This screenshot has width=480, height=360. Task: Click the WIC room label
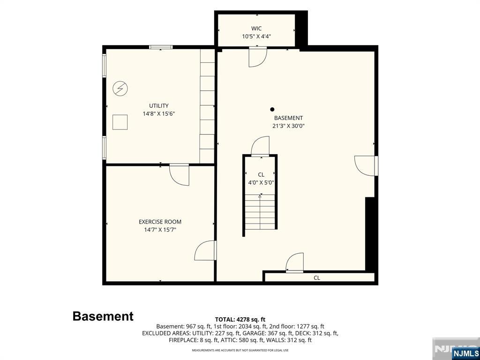256,29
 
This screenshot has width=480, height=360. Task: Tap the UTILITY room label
158,105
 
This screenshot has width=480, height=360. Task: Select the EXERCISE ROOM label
160,222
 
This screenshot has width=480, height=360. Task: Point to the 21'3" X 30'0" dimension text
289,126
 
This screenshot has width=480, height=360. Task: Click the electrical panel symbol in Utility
120,89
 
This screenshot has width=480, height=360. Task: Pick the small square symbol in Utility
120,122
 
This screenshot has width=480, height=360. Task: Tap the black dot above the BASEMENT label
272,109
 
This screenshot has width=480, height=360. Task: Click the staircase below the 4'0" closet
260,211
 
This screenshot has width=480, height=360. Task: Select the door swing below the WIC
258,57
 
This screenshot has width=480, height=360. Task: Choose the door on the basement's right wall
366,166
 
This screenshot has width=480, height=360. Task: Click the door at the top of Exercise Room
180,175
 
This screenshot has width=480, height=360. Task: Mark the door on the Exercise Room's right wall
205,250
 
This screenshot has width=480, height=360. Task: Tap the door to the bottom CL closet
294,262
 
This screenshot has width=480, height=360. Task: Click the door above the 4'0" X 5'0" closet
260,146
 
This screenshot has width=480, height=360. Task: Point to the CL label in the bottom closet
317,278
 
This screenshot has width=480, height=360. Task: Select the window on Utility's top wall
161,47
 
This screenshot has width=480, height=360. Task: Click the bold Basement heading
103,316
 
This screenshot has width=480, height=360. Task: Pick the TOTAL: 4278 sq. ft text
240,320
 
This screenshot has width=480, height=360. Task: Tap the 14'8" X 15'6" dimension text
158,113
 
